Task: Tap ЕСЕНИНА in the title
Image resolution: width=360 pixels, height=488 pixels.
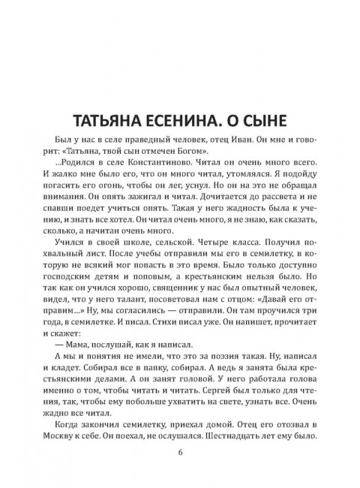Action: (x=182, y=123)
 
